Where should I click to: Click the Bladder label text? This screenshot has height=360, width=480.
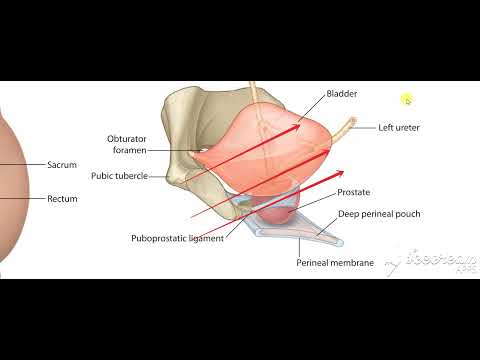[x=342, y=94]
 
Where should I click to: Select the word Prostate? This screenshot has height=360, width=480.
[x=356, y=191]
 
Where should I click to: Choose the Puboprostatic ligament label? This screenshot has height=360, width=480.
[x=177, y=238]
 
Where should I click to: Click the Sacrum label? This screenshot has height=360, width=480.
[x=62, y=164]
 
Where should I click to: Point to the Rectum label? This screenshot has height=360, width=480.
[x=62, y=198]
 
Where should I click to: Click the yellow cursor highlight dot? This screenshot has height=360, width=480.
[x=407, y=99]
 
